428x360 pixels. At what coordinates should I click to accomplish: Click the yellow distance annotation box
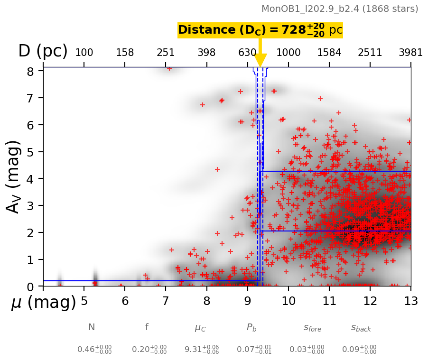coord(260,30)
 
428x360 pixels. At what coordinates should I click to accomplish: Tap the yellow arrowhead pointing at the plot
coord(260,60)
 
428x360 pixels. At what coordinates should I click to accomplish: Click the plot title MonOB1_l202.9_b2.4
coord(340,9)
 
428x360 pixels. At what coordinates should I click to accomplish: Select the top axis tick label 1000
coord(288,53)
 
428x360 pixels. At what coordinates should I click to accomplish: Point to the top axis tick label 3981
coord(411,53)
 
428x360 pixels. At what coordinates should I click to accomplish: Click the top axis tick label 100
coord(84,53)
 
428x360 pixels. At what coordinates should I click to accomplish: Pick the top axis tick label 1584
coord(329,53)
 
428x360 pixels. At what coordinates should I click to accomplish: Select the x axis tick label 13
coord(411,301)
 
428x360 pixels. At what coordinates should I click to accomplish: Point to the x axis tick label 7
coord(166,301)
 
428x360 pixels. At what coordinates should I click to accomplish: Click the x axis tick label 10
coord(288,301)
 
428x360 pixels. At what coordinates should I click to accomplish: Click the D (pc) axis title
coord(43,51)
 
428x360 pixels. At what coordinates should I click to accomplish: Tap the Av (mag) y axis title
coord(14,176)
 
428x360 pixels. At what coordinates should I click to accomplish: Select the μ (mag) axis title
coord(44,303)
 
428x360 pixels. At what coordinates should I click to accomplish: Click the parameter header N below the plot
coord(92,327)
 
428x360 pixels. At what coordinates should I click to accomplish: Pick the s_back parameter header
coord(361,328)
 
